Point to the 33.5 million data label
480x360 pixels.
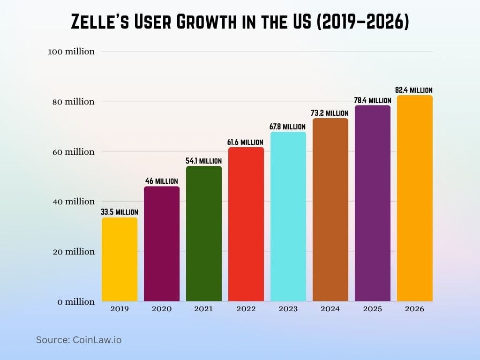(120, 212)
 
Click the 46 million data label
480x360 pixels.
(161, 181)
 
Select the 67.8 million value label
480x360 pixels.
(288, 127)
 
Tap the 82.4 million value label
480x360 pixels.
(414, 90)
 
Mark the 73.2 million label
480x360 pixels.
(330, 113)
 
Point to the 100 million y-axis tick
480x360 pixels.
(71, 52)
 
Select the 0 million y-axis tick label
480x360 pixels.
(76, 302)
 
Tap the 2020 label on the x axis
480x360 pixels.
(162, 309)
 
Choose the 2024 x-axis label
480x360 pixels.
(330, 309)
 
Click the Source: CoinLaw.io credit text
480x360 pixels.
(79, 340)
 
